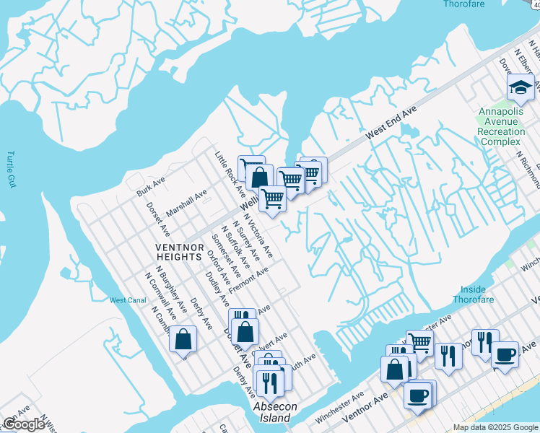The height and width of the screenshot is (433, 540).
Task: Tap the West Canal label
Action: click(127, 300)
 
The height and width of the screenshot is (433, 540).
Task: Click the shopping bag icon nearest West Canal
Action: click(183, 339)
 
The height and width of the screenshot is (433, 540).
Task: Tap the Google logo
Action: click(24, 425)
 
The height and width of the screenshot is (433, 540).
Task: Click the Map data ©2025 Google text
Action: click(495, 427)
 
